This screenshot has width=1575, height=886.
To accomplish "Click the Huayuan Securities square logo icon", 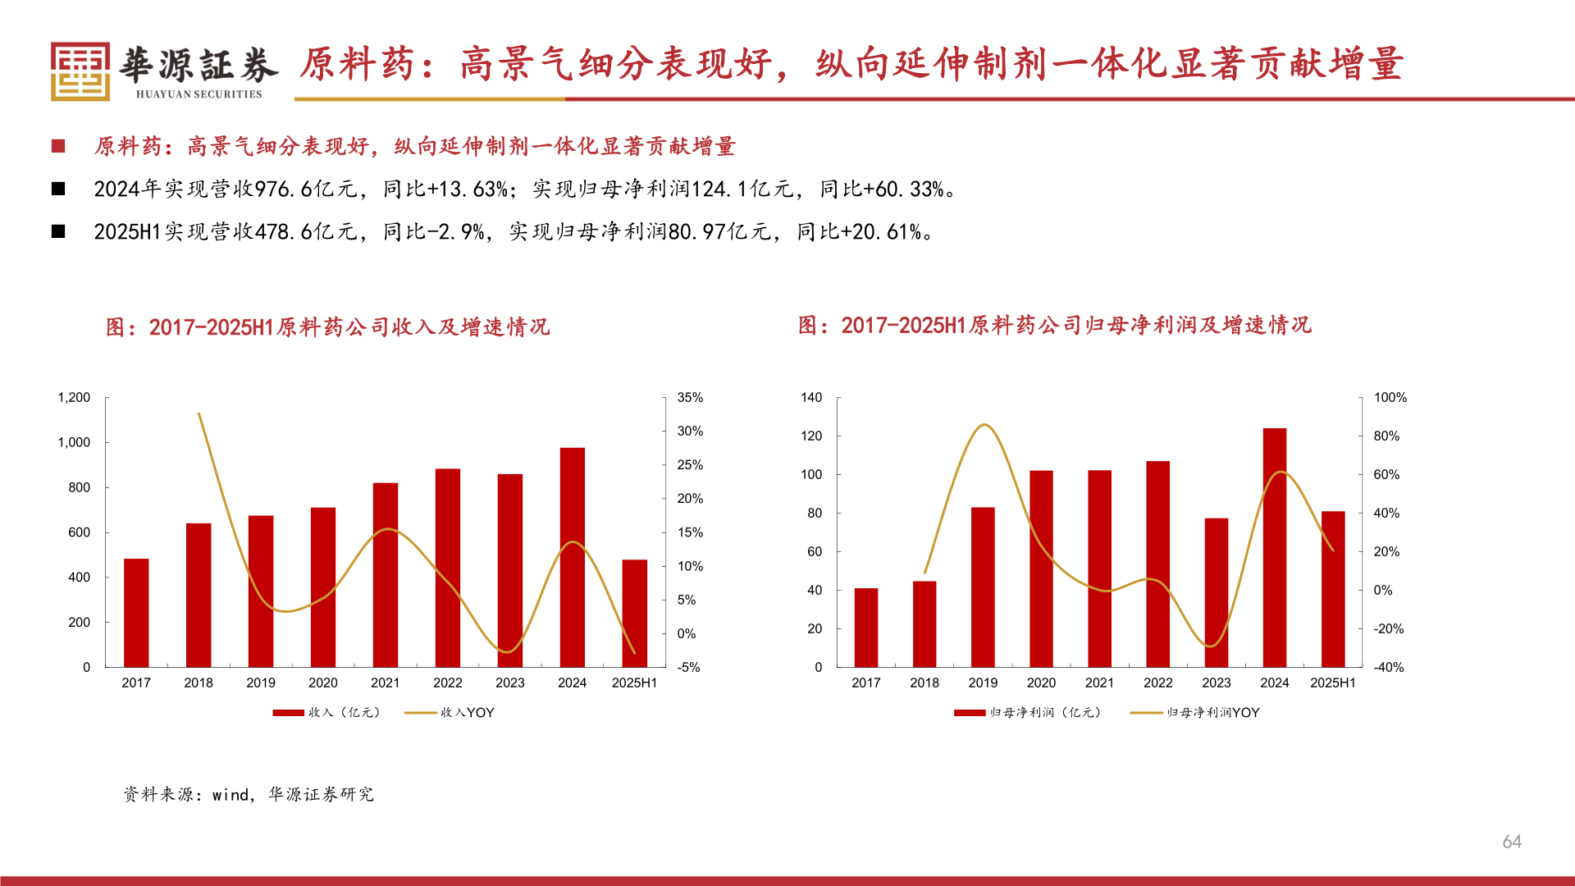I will pyautogui.click(x=80, y=71).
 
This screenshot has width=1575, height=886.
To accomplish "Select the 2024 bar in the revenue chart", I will pyautogui.click(x=572, y=558).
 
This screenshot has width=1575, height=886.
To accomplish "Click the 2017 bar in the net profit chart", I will pyautogui.click(x=865, y=628).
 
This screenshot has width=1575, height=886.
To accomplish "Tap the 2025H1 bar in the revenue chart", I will pyautogui.click(x=634, y=614).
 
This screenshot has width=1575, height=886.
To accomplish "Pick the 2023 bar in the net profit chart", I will pyautogui.click(x=1216, y=592).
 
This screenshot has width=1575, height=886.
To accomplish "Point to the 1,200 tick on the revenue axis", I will pyautogui.click(x=74, y=398).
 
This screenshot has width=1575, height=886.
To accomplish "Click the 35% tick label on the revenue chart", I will pyautogui.click(x=690, y=398).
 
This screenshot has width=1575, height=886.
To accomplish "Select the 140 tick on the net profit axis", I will pyautogui.click(x=811, y=398).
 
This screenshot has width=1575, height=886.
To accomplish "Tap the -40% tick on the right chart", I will pyautogui.click(x=1389, y=668).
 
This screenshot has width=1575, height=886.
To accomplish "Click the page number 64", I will pyautogui.click(x=1511, y=842).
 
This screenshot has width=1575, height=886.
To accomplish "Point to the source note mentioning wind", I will pyautogui.click(x=249, y=794).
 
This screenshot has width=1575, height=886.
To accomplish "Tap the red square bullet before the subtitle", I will pyautogui.click(x=58, y=147).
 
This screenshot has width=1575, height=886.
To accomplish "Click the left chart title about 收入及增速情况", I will pyautogui.click(x=328, y=327).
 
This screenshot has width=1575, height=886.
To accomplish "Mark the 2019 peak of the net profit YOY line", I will pyautogui.click(x=984, y=425).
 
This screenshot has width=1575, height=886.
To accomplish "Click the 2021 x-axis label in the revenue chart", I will pyautogui.click(x=385, y=683).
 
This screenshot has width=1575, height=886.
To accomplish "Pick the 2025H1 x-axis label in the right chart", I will pyautogui.click(x=1332, y=683).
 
